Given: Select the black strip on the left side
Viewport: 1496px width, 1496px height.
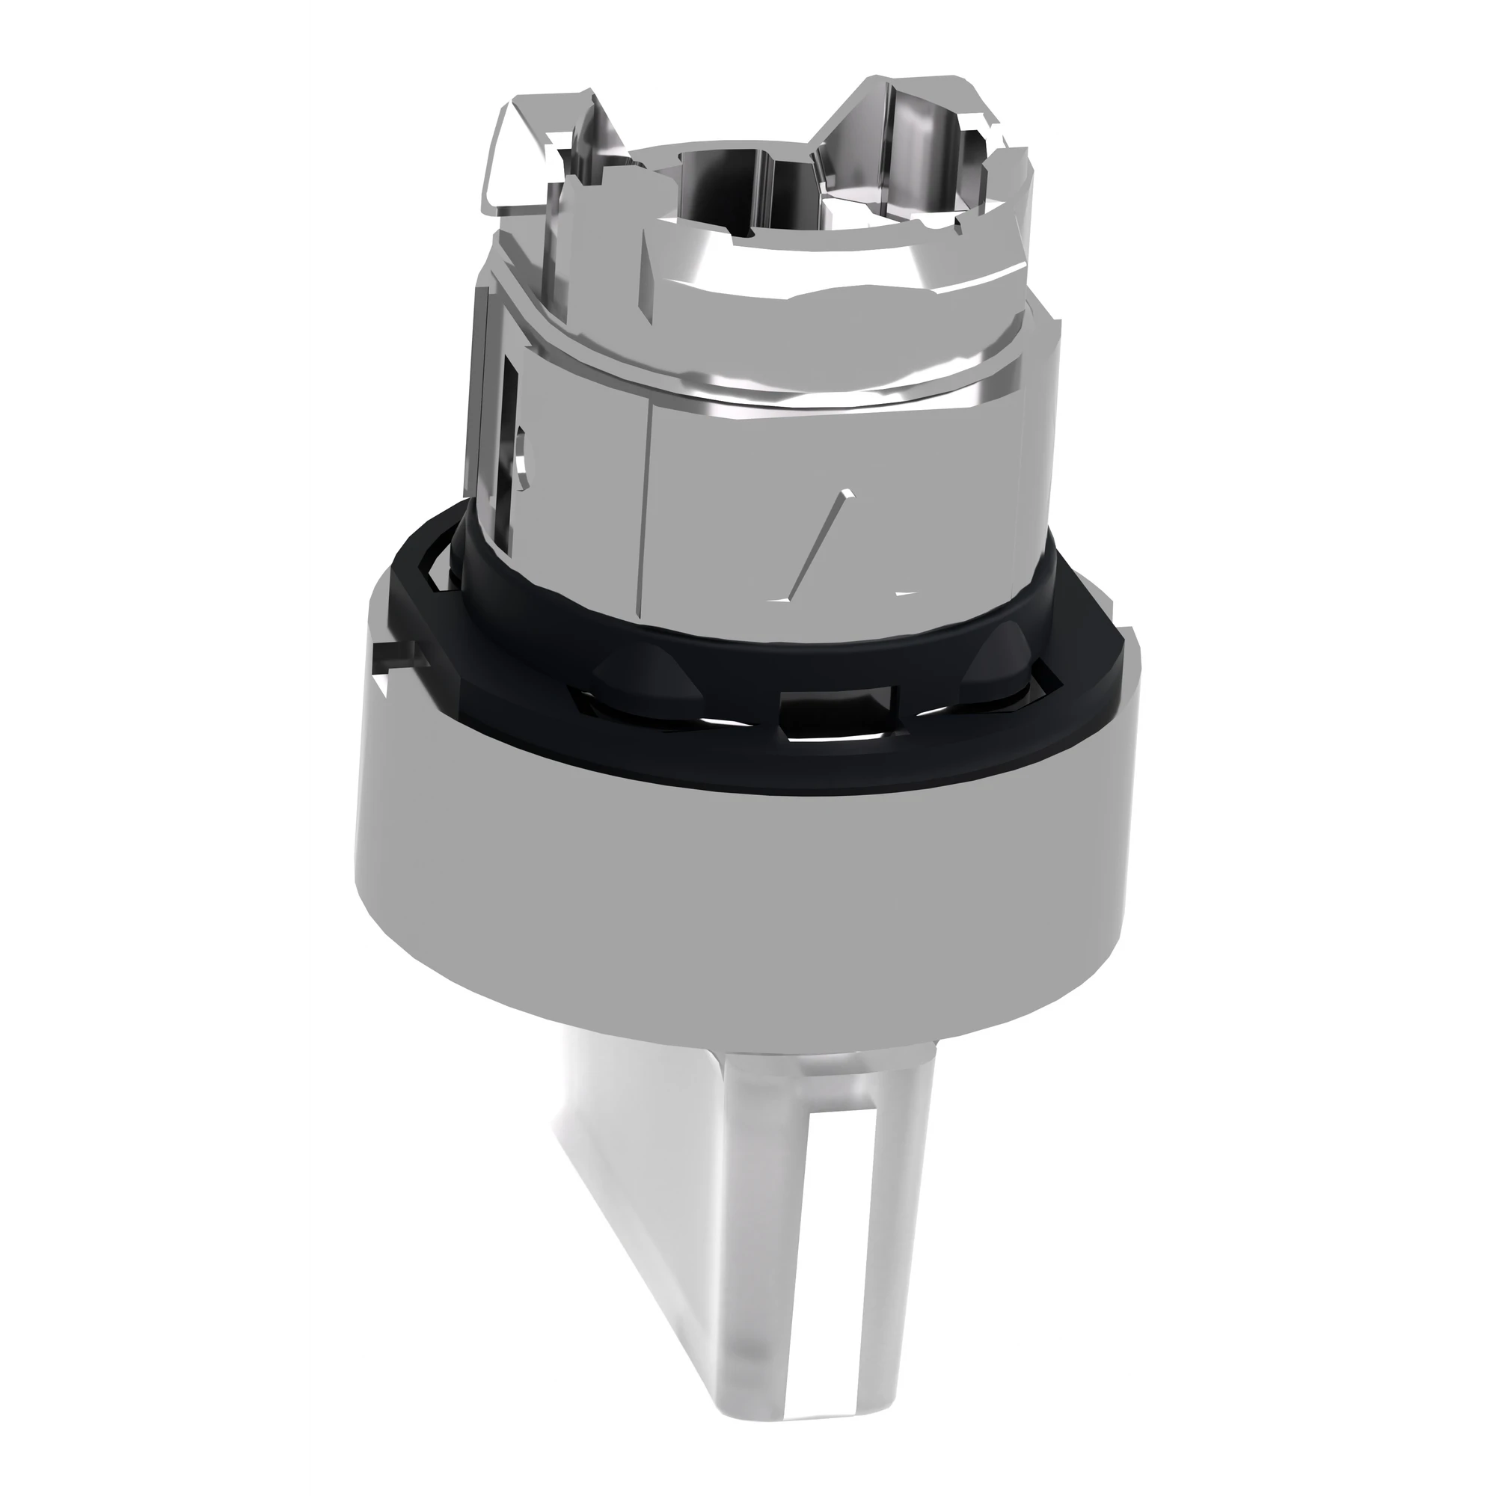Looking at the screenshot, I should point(152,748).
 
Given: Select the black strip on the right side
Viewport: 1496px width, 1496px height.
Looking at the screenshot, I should point(1343,748).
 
